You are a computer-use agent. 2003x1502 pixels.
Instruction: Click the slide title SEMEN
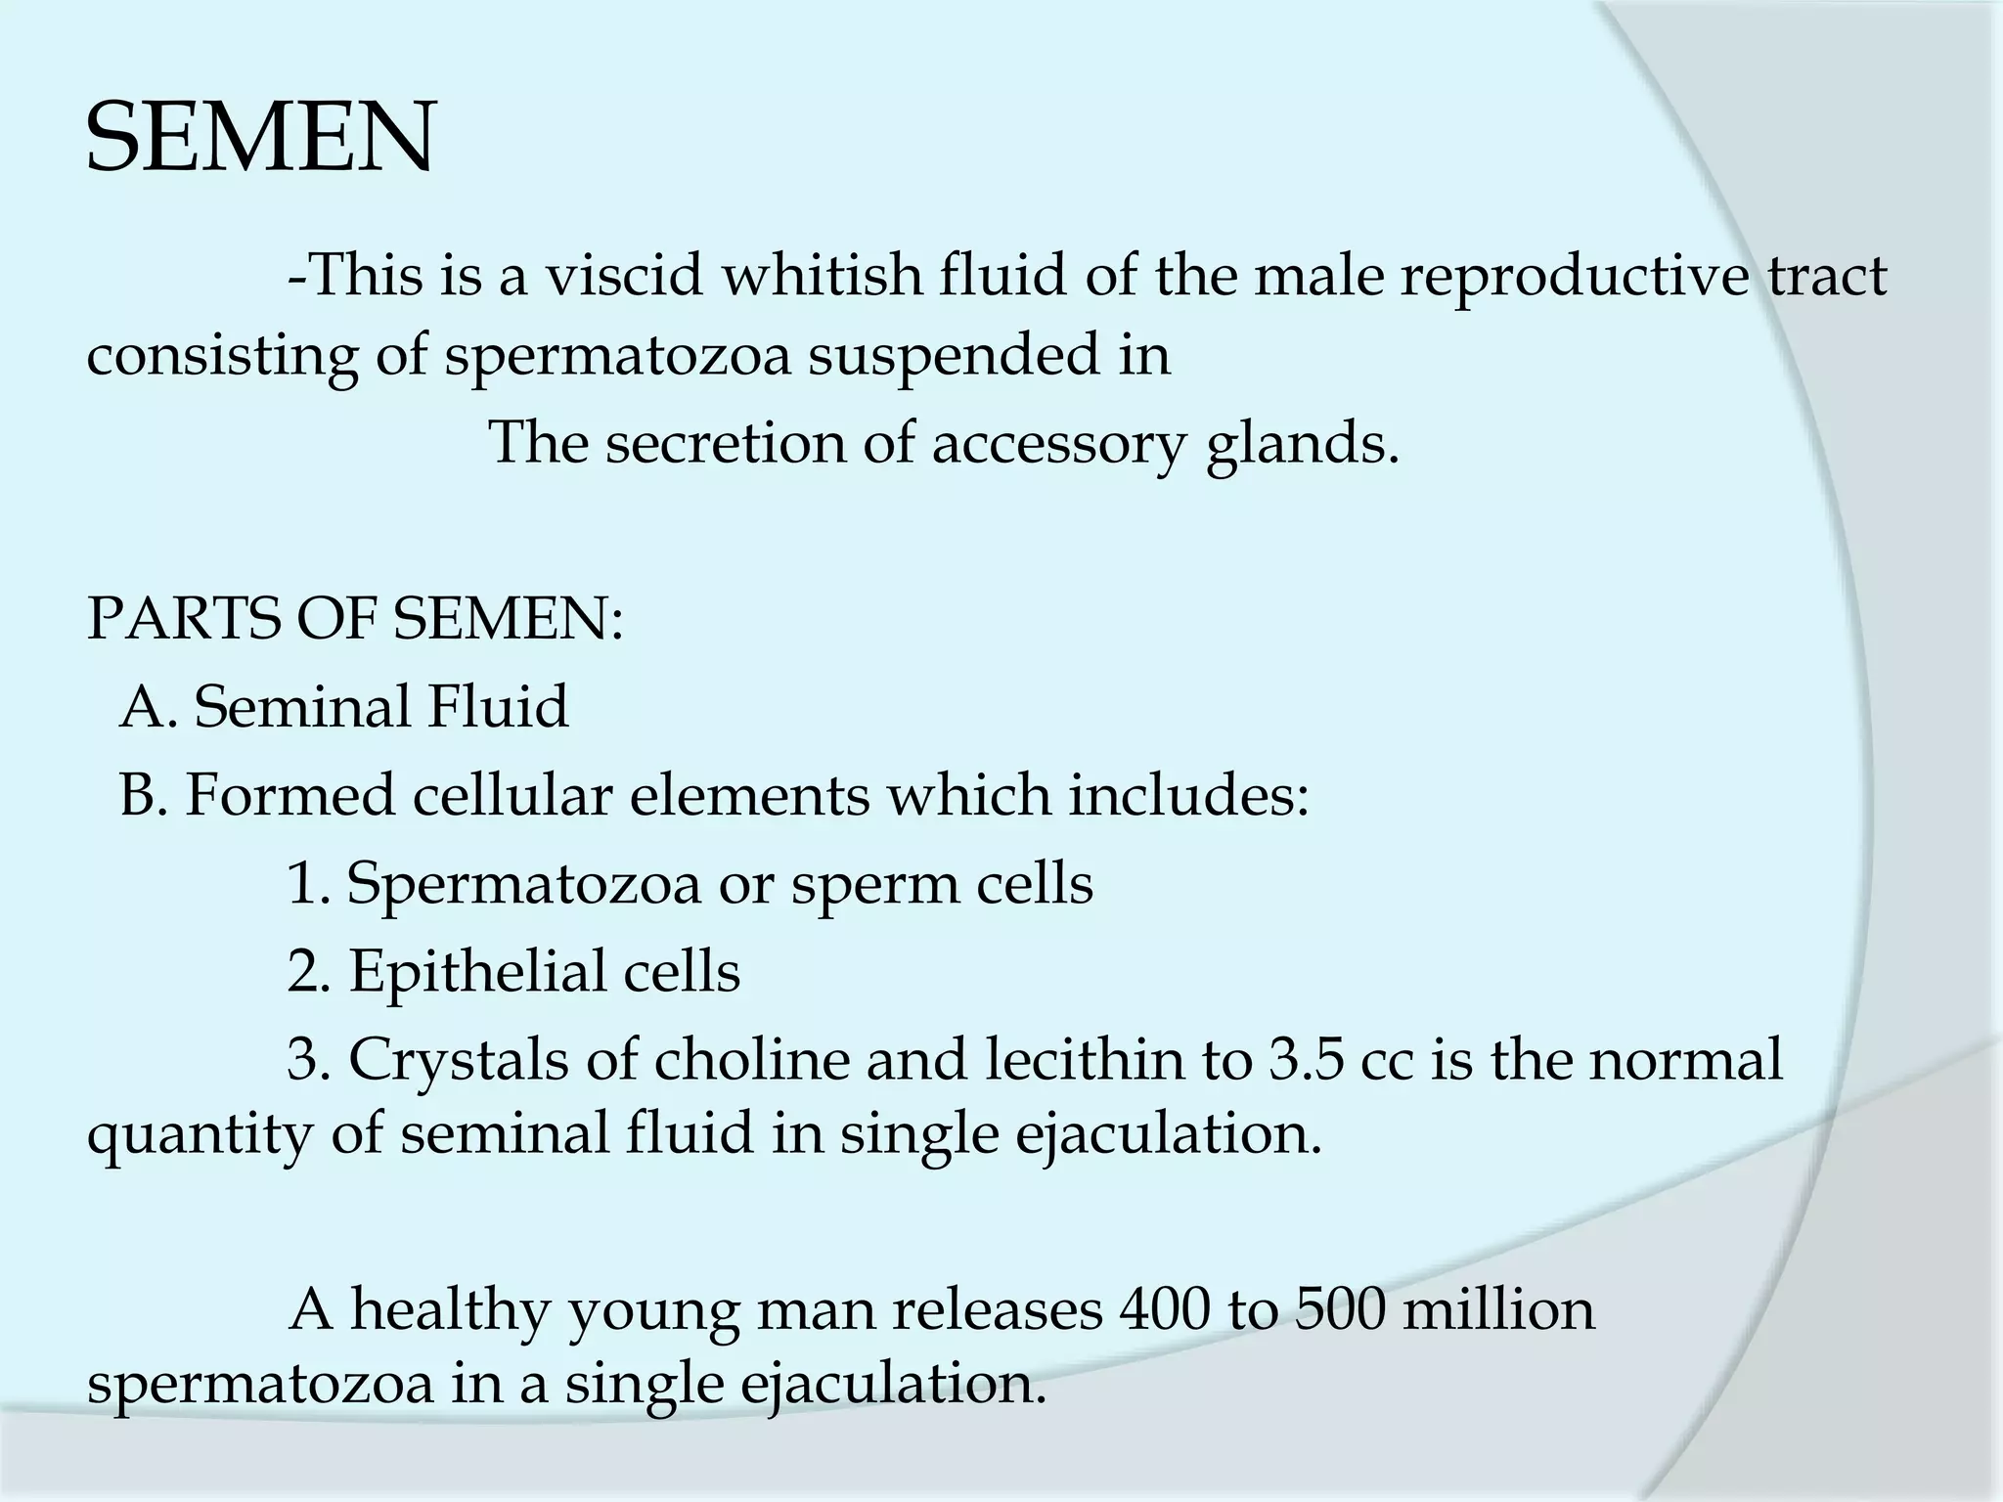coord(260,139)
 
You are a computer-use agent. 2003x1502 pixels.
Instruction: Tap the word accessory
coord(1058,443)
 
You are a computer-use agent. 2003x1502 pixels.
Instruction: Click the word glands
coord(1301,445)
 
